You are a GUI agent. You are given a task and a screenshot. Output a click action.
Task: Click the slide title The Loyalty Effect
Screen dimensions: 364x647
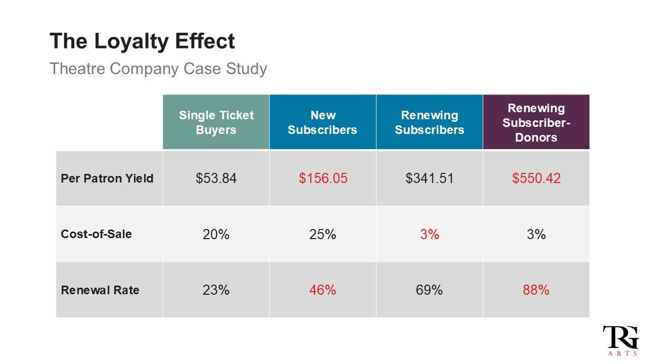(x=142, y=41)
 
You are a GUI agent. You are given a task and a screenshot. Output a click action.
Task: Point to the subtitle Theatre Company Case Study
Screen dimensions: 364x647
(x=158, y=68)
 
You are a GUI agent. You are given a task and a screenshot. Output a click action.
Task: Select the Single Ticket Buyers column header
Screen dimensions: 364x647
(x=216, y=122)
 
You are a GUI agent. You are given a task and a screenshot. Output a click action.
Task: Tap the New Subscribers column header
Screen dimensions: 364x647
(x=322, y=122)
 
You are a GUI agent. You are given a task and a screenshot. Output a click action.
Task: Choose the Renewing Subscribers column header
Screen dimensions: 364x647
(x=429, y=122)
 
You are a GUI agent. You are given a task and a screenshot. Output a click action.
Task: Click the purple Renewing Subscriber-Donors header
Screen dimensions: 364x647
(x=536, y=122)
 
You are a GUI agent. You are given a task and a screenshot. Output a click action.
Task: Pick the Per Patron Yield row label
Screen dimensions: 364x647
(x=107, y=178)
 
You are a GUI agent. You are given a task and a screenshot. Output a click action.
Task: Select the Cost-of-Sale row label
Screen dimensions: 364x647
(x=96, y=234)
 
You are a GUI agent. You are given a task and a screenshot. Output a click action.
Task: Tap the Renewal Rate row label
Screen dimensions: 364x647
(x=100, y=290)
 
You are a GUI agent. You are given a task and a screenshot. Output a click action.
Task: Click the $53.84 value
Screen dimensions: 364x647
(x=216, y=178)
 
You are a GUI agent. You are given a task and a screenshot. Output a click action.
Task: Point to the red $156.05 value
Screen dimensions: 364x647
(x=323, y=178)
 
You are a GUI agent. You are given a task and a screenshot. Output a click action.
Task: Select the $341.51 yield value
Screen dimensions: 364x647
(x=429, y=178)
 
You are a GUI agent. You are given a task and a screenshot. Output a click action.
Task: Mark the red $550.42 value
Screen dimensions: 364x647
(x=536, y=178)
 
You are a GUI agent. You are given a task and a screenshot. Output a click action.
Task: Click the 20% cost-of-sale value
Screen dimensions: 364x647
(x=216, y=234)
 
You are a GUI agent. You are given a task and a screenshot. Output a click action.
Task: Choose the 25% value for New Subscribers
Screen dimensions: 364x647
(x=323, y=234)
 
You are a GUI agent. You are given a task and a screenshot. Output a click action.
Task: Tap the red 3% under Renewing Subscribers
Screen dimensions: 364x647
(x=429, y=234)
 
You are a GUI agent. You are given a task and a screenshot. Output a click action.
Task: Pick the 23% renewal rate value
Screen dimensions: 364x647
(x=216, y=290)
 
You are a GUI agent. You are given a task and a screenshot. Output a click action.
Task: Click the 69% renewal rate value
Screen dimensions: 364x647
(x=429, y=290)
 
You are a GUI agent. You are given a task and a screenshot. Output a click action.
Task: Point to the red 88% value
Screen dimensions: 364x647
(x=536, y=290)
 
